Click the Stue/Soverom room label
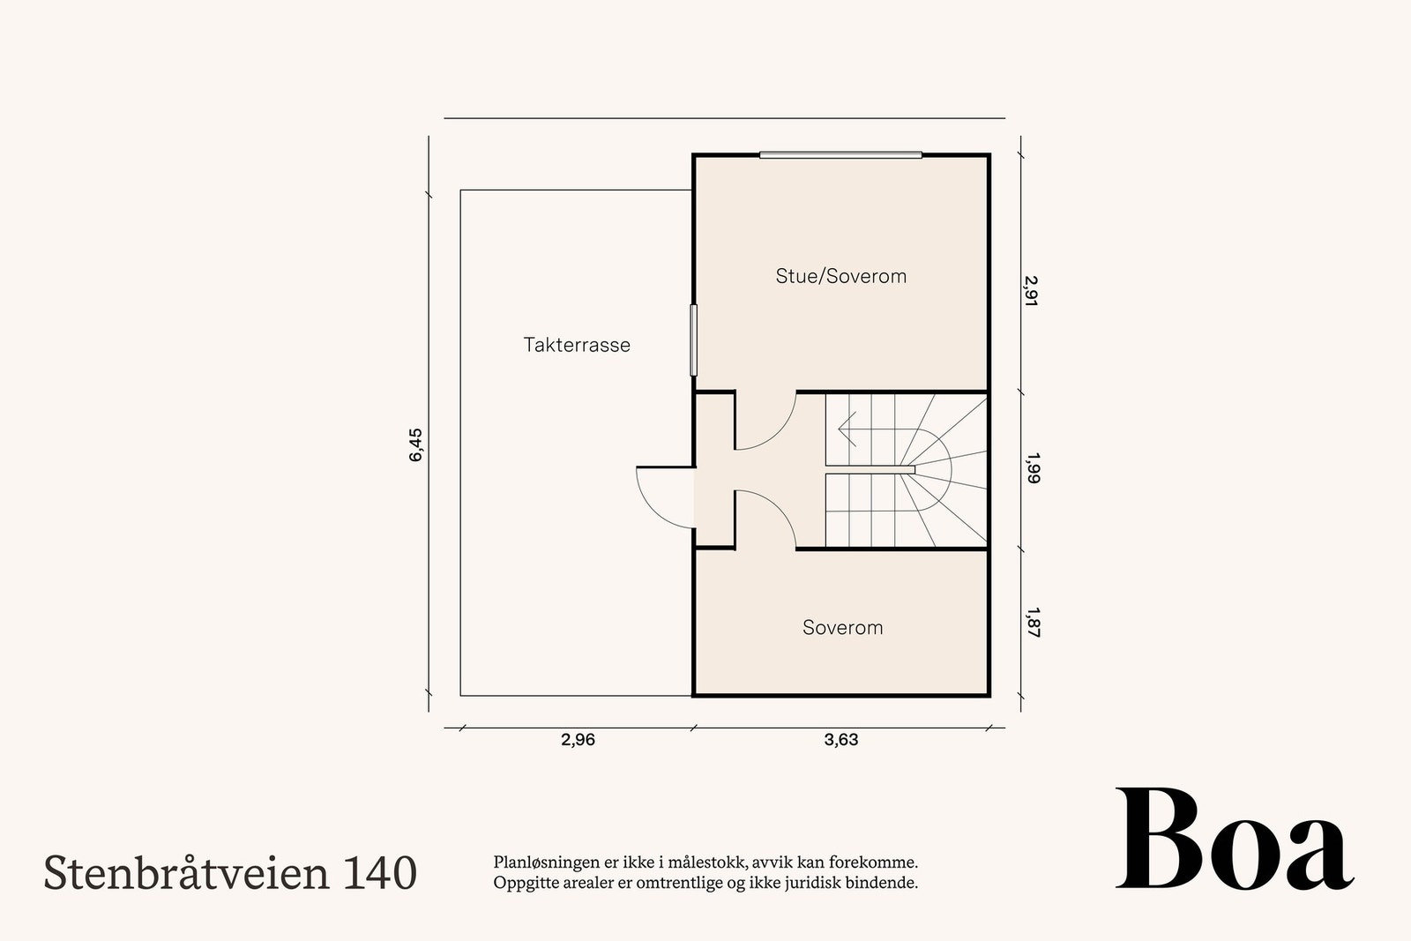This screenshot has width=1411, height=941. tap(840, 276)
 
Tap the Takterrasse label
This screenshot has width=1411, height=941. tap(577, 345)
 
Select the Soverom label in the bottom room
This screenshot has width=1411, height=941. tap(842, 628)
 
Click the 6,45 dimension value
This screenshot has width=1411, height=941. tap(416, 444)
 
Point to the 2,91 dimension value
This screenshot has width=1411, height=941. tap(1032, 290)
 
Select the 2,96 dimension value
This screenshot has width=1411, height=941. tap(578, 740)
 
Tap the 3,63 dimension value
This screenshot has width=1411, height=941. tap(840, 740)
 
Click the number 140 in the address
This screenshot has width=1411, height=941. tap(381, 872)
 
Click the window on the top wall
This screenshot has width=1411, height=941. tap(840, 155)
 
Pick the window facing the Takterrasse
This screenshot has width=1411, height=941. tap(693, 340)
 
